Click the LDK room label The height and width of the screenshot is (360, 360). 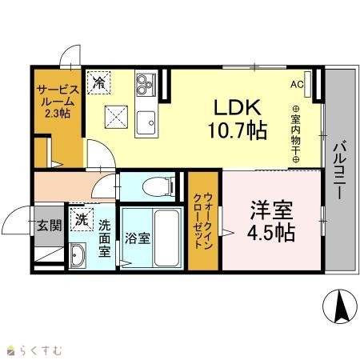tap(238, 107)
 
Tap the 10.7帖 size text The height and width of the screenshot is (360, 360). tap(238, 130)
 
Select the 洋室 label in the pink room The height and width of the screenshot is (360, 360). tap(271, 210)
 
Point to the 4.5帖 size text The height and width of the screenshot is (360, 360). tap(271, 233)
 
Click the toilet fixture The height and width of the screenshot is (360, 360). tap(158, 186)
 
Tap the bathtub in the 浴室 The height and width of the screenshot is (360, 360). tap(166, 238)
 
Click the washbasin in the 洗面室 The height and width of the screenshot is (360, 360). tap(78, 255)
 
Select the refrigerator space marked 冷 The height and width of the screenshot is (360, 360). tap(99, 82)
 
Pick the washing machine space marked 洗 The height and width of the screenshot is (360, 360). tap(82, 220)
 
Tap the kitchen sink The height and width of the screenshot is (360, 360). tap(146, 122)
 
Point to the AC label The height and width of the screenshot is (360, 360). tap(297, 85)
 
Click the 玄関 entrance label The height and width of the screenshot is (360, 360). tap(50, 226)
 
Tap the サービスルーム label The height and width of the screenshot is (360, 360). tap(58, 96)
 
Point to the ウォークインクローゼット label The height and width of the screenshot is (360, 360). tap(203, 221)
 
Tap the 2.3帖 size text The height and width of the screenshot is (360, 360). tap(58, 114)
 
